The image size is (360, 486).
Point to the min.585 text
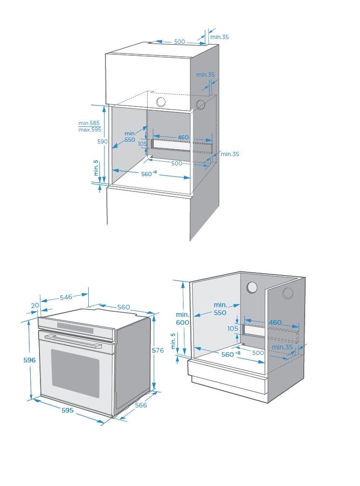click(89, 123)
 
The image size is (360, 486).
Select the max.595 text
click(90, 130)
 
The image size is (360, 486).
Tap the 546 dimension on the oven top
click(66, 297)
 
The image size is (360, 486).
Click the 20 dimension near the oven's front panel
click(35, 305)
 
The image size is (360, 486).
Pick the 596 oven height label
click(16, 360)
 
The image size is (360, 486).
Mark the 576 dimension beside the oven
click(158, 350)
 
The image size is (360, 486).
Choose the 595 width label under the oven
click(67, 410)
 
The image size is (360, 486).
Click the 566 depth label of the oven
click(141, 405)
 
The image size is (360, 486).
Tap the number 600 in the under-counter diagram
click(183, 322)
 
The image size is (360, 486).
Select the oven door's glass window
click(75, 373)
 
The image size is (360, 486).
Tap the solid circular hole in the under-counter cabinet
click(252, 288)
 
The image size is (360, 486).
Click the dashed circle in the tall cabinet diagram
click(201, 105)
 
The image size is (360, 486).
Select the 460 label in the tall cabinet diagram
click(183, 138)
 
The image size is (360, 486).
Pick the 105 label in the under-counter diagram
click(233, 328)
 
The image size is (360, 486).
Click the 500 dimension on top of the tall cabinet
click(179, 42)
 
